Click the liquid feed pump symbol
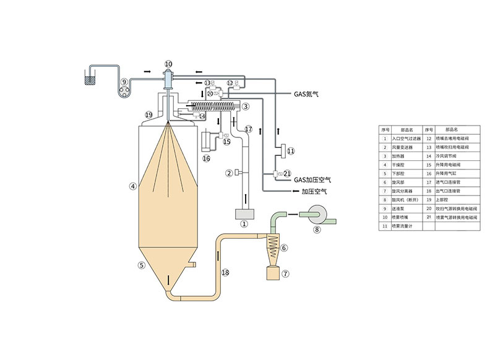pyautogui.click(x=126, y=88)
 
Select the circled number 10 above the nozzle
pyautogui.click(x=168, y=64)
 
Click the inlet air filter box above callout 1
pyautogui.click(x=243, y=214)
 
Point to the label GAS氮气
pyautogui.click(x=306, y=95)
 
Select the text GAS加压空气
pyautogui.click(x=312, y=179)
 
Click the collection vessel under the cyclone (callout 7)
pyautogui.click(x=273, y=272)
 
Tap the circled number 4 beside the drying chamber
pyautogui.click(x=132, y=185)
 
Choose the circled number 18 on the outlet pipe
pyautogui.click(x=225, y=273)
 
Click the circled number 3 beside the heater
pyautogui.click(x=246, y=106)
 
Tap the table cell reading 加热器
pyautogui.click(x=407, y=156)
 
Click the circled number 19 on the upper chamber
pyautogui.click(x=148, y=115)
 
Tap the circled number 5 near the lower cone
pyautogui.click(x=141, y=265)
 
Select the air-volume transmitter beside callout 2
pyautogui.click(x=236, y=173)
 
